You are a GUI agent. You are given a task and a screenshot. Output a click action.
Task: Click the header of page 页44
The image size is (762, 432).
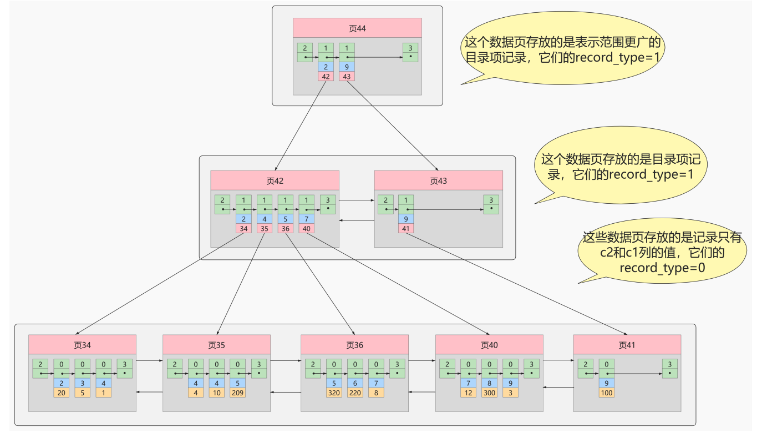[x=357, y=28]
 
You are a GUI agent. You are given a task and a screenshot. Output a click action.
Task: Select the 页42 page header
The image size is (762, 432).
[x=275, y=180]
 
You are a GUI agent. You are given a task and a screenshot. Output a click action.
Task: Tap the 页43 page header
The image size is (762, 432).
[x=438, y=180]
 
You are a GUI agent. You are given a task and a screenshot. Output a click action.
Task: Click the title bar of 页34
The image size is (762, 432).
[x=82, y=345]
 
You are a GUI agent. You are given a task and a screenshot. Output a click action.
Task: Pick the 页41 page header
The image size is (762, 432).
[x=627, y=345]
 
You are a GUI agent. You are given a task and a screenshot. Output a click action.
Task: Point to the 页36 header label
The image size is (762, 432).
[x=354, y=345]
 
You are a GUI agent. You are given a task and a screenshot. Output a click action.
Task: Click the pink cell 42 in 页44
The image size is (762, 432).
[x=326, y=76]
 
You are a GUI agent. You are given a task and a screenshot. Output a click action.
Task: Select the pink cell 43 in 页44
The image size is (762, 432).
[x=347, y=76]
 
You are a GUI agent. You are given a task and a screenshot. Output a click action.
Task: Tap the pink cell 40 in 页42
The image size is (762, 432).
[x=307, y=228]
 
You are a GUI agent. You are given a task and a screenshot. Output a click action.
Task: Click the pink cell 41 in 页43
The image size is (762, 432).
[x=405, y=228]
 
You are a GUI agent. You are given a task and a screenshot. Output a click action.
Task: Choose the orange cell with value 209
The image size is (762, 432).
[x=238, y=393]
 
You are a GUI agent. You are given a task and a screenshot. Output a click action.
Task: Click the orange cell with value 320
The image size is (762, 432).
[x=334, y=393]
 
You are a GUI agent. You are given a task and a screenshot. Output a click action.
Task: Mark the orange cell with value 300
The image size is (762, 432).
[x=490, y=393]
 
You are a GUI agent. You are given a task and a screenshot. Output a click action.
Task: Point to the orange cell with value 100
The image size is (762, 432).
[x=606, y=393]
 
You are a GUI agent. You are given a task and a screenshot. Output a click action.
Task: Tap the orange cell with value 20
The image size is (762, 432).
[x=62, y=393]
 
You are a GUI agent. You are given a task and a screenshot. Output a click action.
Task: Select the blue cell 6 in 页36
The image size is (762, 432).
[x=355, y=383]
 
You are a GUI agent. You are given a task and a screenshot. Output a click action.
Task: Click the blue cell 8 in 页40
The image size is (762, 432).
[x=490, y=383]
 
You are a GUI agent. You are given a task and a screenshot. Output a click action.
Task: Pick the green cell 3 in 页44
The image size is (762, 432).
[x=410, y=52]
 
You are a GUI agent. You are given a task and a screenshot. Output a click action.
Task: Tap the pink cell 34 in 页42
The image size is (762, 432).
[x=243, y=228]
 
